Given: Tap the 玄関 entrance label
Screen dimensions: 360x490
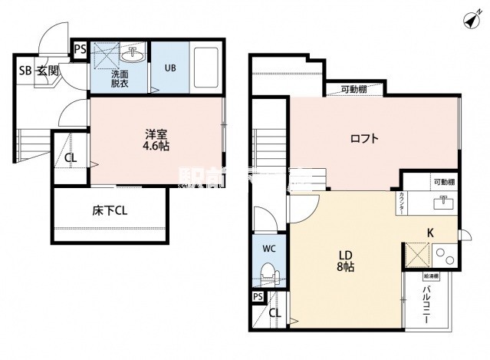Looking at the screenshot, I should (x=47, y=71).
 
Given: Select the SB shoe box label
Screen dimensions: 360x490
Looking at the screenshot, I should (x=25, y=71).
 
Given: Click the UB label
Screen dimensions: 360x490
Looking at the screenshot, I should (x=169, y=67).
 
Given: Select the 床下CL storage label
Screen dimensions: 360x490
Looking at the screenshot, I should (x=110, y=211).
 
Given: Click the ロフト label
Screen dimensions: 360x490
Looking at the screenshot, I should (x=365, y=139).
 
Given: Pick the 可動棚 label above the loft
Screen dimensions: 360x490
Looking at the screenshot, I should (x=354, y=89).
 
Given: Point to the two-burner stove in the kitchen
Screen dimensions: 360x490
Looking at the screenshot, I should (x=444, y=253).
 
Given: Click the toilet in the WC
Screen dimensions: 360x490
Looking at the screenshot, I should (x=268, y=273).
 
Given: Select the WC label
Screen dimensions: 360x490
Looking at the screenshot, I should (x=268, y=248).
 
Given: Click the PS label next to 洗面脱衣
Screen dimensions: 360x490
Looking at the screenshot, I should (x=80, y=49).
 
